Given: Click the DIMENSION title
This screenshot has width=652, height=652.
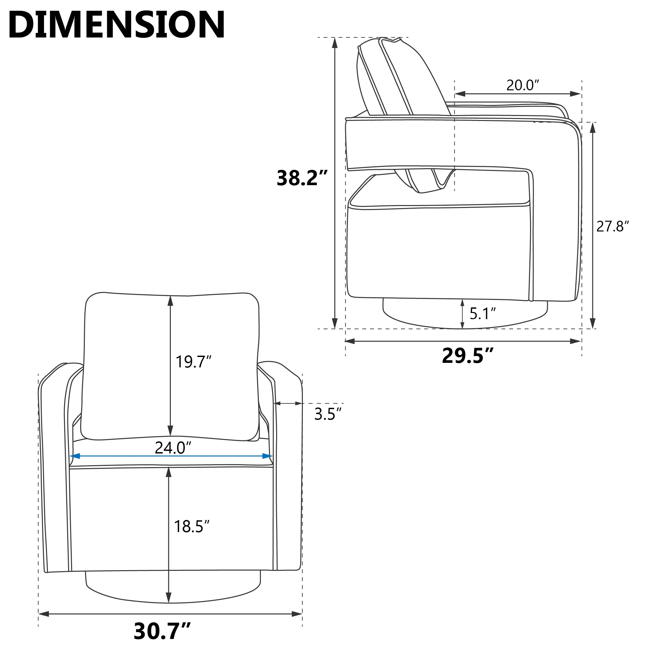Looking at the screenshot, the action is pos(117,25).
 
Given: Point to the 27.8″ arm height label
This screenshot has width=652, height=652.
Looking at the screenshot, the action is pos(613,226).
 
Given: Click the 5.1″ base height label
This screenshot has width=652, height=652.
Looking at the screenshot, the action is pos(482,314).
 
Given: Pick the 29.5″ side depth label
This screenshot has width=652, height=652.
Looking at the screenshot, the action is pos(467,355).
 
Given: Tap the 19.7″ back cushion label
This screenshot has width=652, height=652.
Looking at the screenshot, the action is pos(193,362).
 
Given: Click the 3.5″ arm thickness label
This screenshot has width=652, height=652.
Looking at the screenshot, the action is pos(328,414).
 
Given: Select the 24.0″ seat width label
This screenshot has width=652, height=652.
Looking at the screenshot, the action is pos(173,448).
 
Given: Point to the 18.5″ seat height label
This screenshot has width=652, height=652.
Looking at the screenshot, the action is pos(192,526).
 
